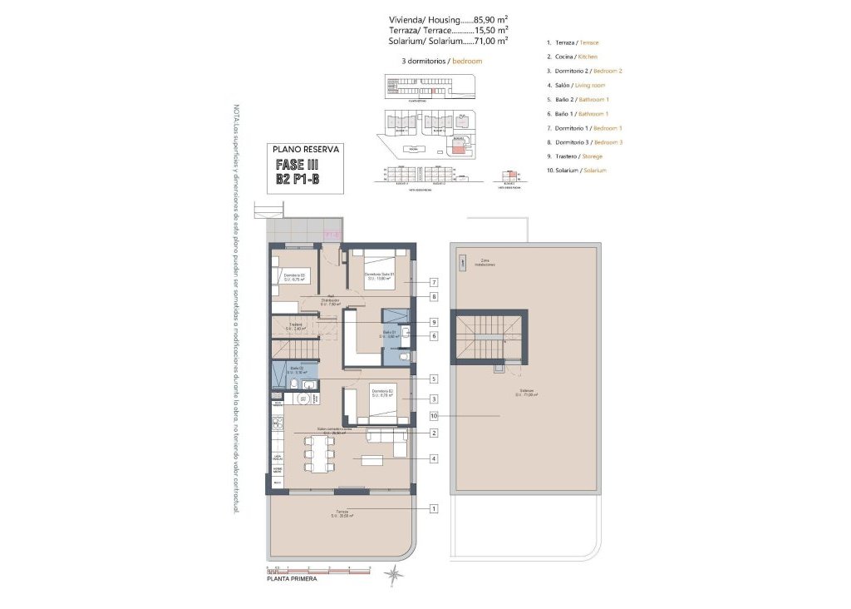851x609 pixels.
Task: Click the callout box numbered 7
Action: click(x=434, y=283)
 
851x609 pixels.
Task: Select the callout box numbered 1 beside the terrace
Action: click(x=434, y=508)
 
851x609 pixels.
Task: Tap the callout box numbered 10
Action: click(x=434, y=415)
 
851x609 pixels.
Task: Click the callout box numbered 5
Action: click(x=434, y=379)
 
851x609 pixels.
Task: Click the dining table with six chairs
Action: click(x=318, y=453)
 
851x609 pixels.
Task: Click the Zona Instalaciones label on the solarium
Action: click(x=487, y=263)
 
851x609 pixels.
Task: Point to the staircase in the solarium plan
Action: click(x=488, y=334)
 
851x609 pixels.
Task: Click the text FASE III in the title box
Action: click(x=296, y=165)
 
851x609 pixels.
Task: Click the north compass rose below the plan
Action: click(x=391, y=573)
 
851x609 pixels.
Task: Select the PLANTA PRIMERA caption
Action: click(x=291, y=579)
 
